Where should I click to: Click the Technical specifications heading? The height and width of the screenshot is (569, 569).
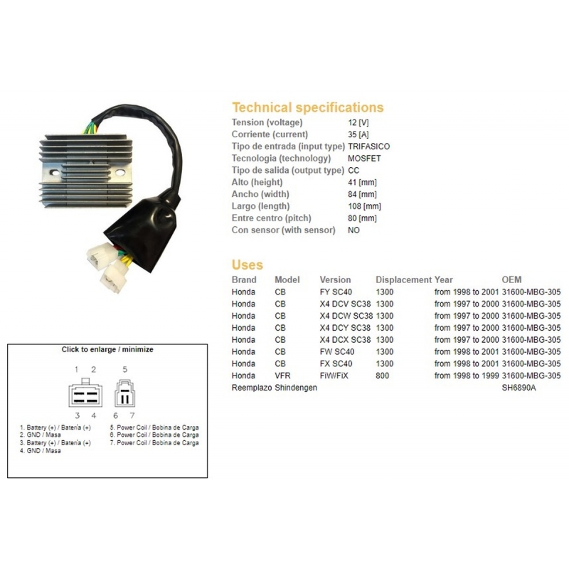point(308,107)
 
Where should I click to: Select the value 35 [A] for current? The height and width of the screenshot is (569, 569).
point(358,134)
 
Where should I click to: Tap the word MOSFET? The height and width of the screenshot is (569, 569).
point(364,158)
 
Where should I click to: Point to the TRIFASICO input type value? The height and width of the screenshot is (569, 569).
point(368,147)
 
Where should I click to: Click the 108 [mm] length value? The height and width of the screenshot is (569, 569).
point(364,206)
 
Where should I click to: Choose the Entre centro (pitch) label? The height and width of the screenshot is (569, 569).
point(272,218)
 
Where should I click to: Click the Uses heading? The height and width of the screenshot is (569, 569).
point(247,265)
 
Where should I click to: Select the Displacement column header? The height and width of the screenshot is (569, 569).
point(403,280)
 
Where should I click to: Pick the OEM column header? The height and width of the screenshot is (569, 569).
point(511,280)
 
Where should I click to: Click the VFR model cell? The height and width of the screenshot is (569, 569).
point(282,376)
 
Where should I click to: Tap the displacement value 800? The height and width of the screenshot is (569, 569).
point(382,376)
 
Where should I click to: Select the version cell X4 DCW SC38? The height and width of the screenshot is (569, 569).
point(346,316)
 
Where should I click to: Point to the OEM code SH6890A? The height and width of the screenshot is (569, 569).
point(519,388)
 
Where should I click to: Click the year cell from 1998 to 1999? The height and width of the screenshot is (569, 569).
point(467,376)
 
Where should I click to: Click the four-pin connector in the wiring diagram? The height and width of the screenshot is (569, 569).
point(85,393)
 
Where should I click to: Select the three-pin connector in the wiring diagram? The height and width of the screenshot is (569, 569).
point(125,393)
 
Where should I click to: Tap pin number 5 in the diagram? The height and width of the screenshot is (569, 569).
point(125,369)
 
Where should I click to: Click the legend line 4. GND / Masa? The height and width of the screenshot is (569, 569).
point(41,451)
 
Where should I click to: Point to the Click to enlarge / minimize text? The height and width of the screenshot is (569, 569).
point(107,349)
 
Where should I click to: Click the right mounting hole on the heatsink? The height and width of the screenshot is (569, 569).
point(120,173)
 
